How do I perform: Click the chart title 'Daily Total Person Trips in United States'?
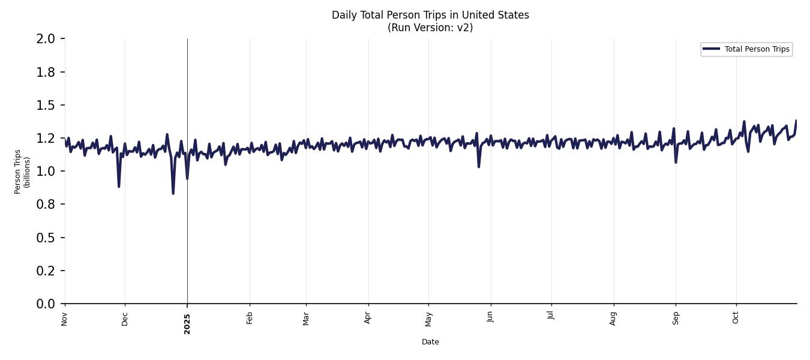click(x=430, y=15)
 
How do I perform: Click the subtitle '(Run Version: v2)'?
click(x=430, y=28)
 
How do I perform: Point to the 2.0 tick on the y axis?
click(x=46, y=39)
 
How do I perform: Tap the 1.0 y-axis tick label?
click(x=46, y=172)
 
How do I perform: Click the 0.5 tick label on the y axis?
click(x=46, y=238)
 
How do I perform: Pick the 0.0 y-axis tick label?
click(x=46, y=304)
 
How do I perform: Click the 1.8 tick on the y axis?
click(x=46, y=72)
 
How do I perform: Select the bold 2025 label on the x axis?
click(x=187, y=323)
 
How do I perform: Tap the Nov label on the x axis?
click(x=64, y=319)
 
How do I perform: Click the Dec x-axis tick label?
click(x=125, y=319)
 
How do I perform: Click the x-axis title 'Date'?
click(x=430, y=342)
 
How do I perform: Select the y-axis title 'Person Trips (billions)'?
click(x=22, y=172)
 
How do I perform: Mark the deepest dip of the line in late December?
click(x=173, y=193)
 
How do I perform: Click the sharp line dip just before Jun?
click(x=479, y=166)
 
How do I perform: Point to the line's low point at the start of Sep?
click(x=676, y=162)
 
